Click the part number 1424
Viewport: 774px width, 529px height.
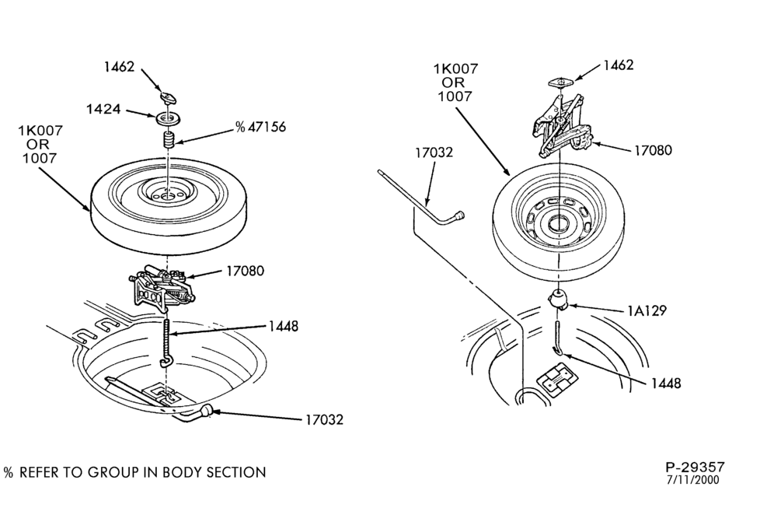pos(103,109)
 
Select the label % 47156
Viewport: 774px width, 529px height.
pos(260,127)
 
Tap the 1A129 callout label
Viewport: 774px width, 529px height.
pos(647,310)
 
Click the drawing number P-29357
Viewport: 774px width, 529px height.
pos(695,467)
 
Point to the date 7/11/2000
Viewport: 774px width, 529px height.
pos(693,480)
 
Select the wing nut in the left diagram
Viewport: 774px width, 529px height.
pos(169,96)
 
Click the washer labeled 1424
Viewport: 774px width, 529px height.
pos(169,120)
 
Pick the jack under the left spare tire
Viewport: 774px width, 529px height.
pos(161,289)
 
